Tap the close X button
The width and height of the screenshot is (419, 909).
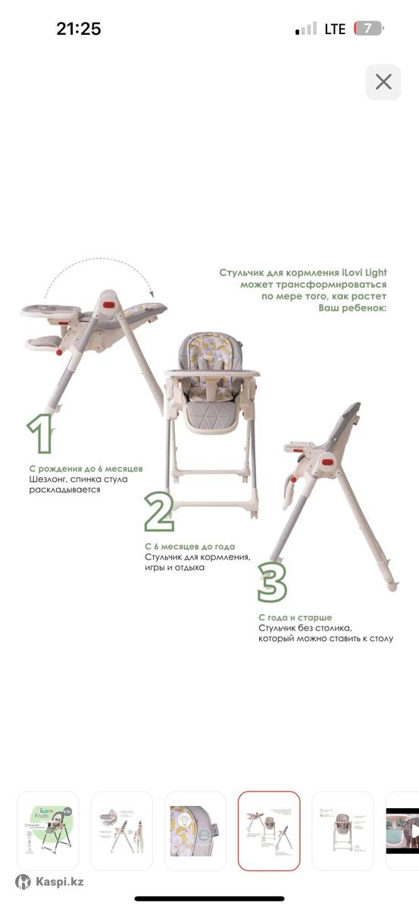(x=383, y=82)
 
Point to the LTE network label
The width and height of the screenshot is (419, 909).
(x=335, y=29)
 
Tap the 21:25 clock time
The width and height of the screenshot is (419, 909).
(x=78, y=29)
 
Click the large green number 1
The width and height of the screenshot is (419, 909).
(x=41, y=433)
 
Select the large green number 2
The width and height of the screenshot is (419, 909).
(x=160, y=511)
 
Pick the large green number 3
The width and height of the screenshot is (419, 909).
(x=273, y=583)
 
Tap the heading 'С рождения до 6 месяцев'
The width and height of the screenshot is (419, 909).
(x=86, y=469)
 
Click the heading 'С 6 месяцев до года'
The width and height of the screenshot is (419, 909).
(x=190, y=547)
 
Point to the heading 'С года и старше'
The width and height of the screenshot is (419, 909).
(x=295, y=617)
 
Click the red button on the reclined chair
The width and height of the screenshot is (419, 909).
(x=109, y=305)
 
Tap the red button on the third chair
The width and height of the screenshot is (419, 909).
(x=327, y=462)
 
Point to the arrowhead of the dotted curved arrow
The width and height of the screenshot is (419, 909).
(x=152, y=294)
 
